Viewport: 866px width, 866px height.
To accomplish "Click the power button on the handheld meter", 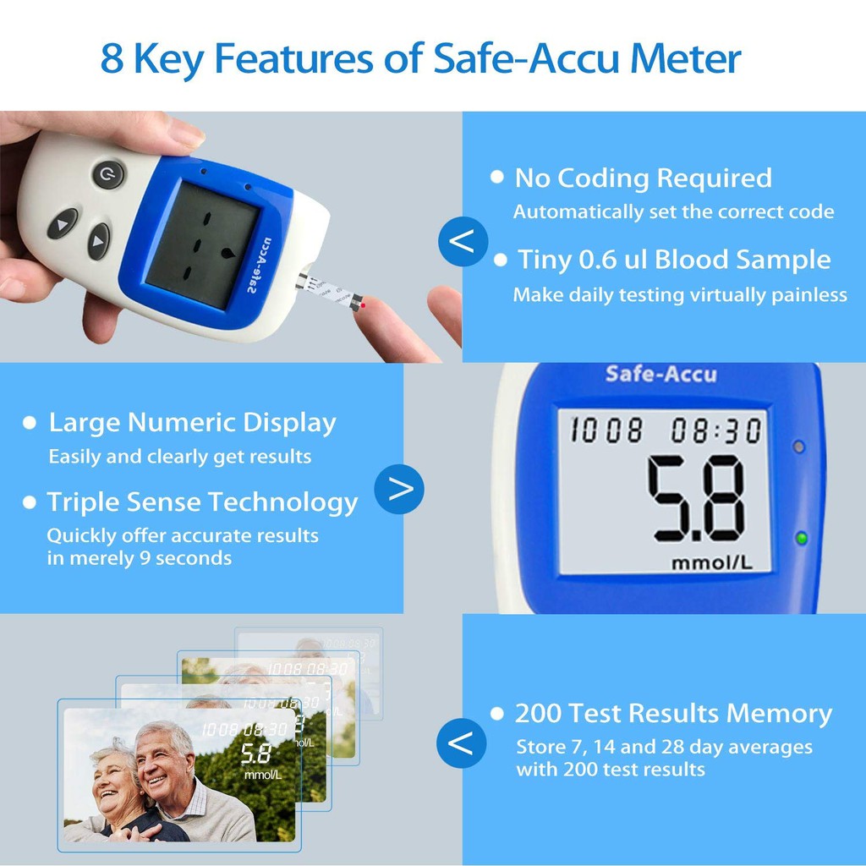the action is [x=108, y=174].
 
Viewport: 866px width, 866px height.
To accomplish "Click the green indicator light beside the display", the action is [x=801, y=537].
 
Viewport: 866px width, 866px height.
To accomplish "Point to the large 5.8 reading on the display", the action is [x=696, y=499].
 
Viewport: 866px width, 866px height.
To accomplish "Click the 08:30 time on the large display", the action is [x=716, y=430].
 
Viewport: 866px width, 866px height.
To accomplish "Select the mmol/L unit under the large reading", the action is [x=712, y=563].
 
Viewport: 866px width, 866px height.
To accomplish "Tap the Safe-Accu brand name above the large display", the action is [x=661, y=374].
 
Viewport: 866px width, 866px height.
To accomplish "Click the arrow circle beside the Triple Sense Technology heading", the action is [x=399, y=489].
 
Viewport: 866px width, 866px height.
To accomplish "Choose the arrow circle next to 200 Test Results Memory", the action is [x=461, y=743].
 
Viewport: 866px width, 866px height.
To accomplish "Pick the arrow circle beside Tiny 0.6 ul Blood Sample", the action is [x=463, y=241].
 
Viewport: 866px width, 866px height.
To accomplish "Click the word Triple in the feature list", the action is [x=82, y=502].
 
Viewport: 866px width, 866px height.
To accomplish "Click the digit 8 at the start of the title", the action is [x=112, y=58].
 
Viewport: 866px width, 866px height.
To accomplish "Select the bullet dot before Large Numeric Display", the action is [x=30, y=423].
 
